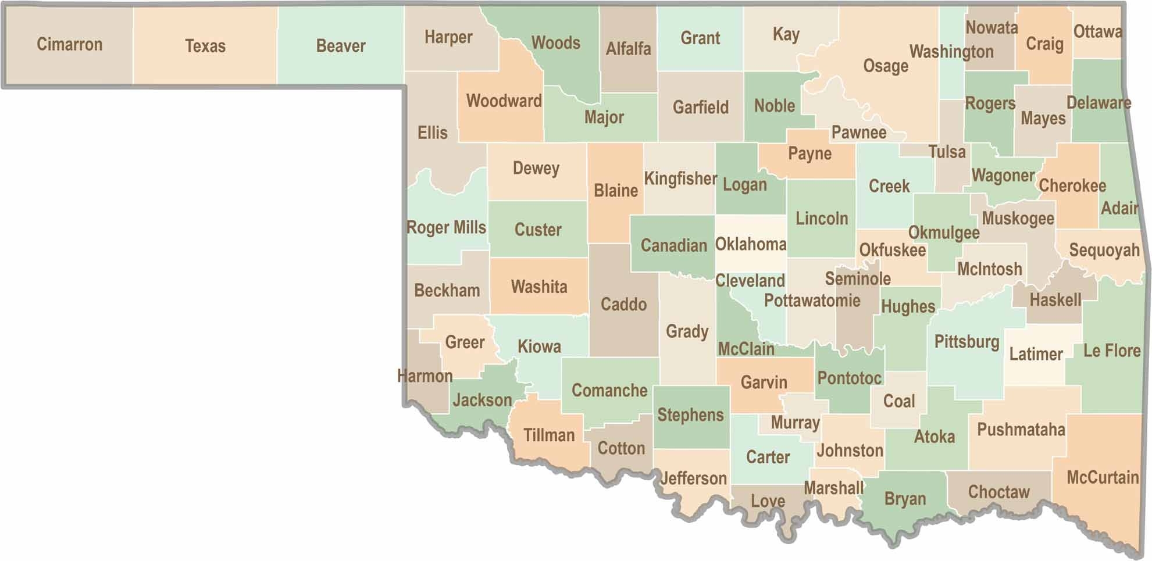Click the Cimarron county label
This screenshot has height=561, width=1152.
[x=69, y=44]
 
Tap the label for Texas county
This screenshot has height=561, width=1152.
[x=205, y=46]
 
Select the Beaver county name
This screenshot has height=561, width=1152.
[x=341, y=46]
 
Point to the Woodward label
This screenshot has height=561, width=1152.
[x=504, y=101]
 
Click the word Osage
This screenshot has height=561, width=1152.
[x=885, y=66]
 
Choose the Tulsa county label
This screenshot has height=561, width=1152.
[x=947, y=152]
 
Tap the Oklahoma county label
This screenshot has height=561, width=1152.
[x=750, y=244]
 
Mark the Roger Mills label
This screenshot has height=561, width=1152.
[x=446, y=227]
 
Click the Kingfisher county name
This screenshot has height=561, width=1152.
[x=680, y=178]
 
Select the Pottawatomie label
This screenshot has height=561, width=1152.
[x=812, y=301]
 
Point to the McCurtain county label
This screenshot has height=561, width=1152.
[x=1102, y=477]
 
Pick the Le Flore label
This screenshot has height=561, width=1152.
[x=1111, y=351]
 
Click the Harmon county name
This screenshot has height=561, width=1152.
[x=425, y=376]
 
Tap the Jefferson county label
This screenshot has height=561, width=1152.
[x=693, y=478]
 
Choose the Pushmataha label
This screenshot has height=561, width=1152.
[x=1021, y=430]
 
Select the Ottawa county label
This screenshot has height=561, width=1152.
[x=1097, y=31]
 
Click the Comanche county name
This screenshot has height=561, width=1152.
[x=609, y=390]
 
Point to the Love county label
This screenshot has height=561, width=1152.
[x=768, y=501]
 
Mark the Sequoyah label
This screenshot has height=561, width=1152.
[x=1104, y=250]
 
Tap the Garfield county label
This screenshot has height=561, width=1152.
[x=700, y=107]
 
